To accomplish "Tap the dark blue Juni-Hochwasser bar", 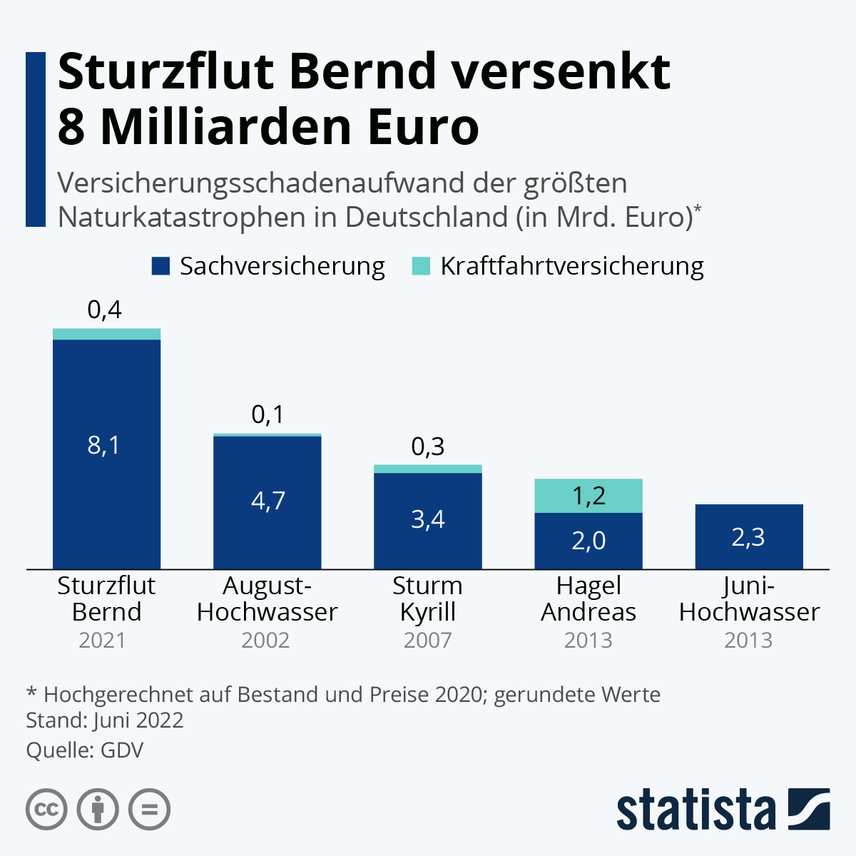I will click(x=749, y=536).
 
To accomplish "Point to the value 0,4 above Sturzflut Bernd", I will click(x=104, y=310).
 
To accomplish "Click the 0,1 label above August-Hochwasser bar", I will click(x=267, y=414).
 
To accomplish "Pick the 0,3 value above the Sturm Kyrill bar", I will click(x=428, y=447).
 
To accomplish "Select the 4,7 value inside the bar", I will click(x=268, y=500).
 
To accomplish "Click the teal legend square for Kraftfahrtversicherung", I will click(x=422, y=267).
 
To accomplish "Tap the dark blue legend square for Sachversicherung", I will click(x=161, y=267).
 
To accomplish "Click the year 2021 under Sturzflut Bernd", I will click(x=103, y=640).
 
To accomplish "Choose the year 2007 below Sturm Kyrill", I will click(x=427, y=640).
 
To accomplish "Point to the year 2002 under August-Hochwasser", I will click(x=265, y=640).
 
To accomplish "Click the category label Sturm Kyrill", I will click(x=427, y=598).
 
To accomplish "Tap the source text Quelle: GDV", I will click(x=84, y=750).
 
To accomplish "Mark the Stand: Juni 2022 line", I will click(x=104, y=720).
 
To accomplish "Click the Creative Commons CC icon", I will click(x=46, y=810).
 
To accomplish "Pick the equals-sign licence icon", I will click(x=150, y=810).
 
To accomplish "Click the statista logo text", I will click(x=695, y=810).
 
